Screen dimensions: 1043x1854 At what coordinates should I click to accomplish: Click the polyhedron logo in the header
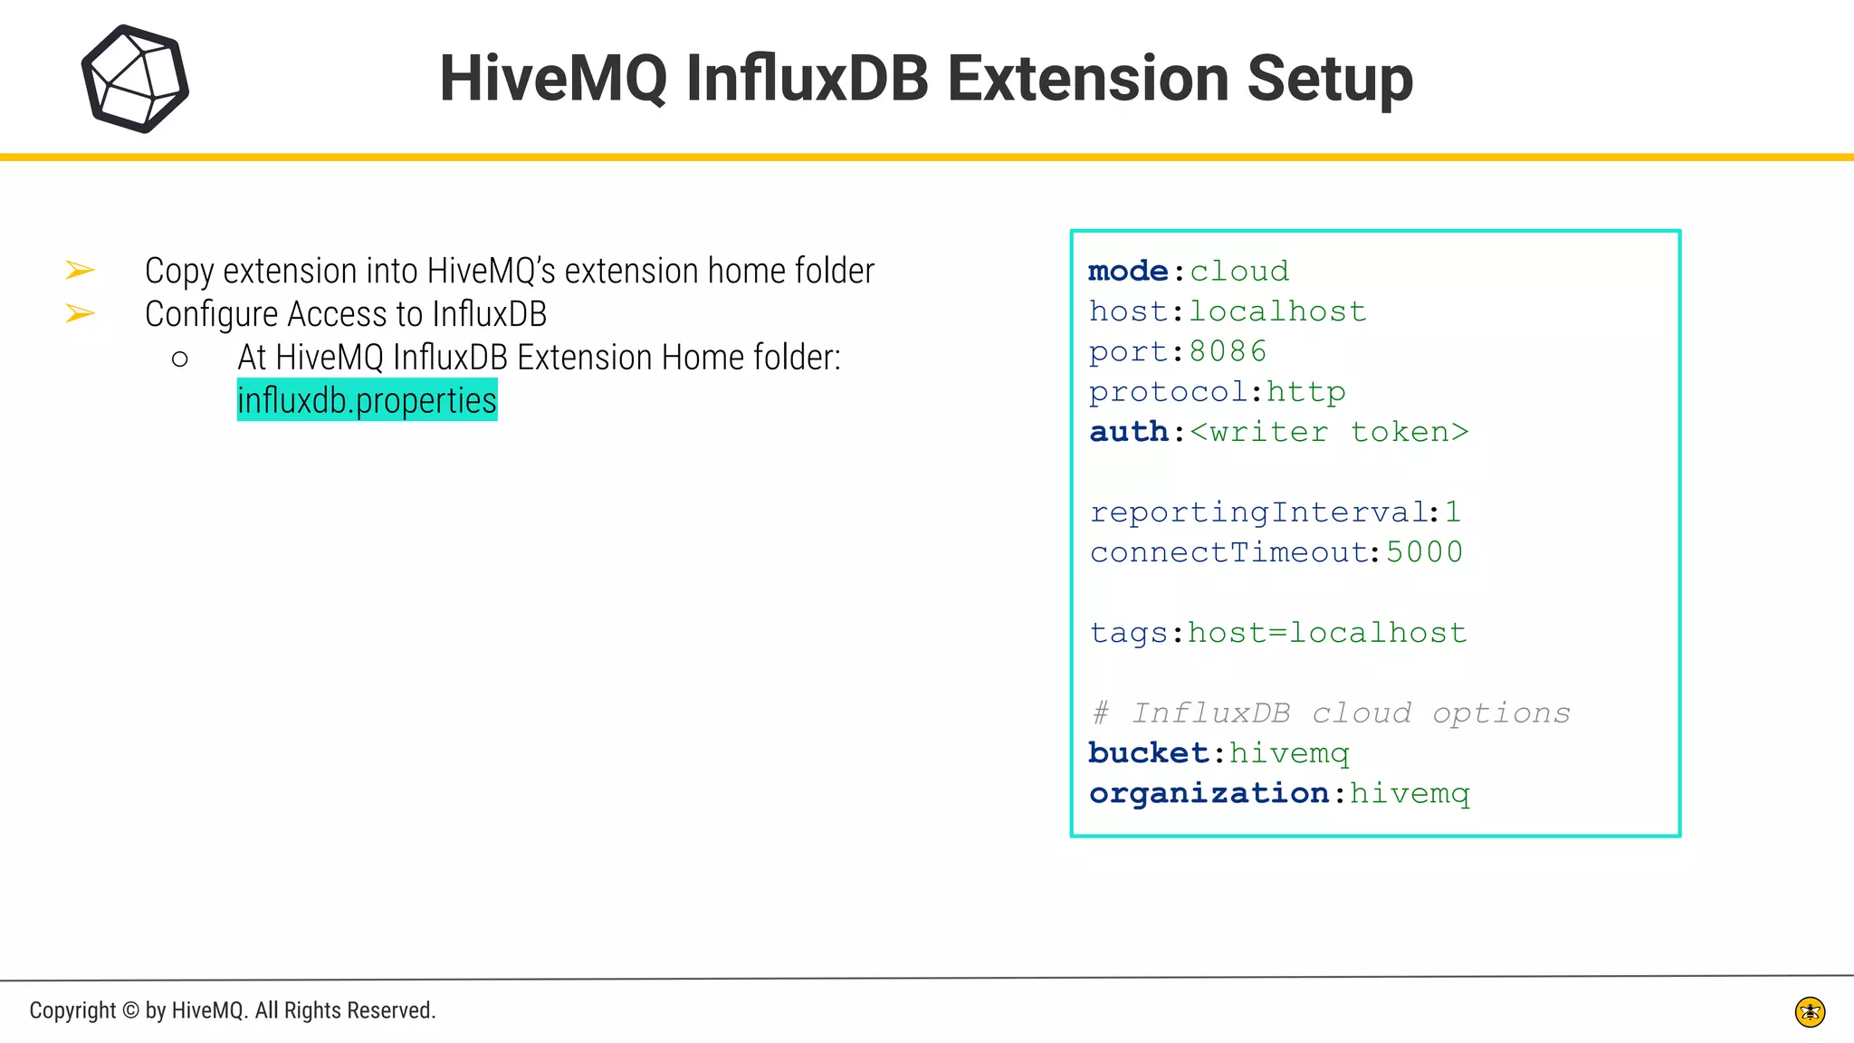point(135,79)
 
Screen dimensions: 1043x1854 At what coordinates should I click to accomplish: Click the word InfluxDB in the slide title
point(807,79)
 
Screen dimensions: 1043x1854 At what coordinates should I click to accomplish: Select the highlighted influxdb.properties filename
point(367,400)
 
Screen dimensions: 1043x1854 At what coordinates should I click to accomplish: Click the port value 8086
point(1228,351)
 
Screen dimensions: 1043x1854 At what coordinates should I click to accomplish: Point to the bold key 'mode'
point(1128,271)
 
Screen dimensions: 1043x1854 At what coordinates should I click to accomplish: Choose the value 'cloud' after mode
point(1239,271)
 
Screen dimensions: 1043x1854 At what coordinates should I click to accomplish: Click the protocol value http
point(1305,391)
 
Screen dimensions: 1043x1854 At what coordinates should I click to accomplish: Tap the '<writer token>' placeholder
point(1329,432)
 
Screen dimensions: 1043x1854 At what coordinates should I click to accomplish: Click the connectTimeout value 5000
point(1424,552)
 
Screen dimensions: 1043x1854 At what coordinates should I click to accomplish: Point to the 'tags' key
point(1128,633)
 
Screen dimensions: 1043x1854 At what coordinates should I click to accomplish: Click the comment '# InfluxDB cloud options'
point(1331,713)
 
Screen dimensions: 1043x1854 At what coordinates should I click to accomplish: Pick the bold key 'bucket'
point(1148,753)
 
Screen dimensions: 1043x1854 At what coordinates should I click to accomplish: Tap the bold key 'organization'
point(1209,793)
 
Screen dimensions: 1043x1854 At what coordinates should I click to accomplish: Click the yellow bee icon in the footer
point(1810,1011)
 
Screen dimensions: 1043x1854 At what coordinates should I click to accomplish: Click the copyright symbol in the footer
point(130,1010)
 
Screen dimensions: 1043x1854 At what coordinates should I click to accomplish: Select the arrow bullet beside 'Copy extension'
point(80,270)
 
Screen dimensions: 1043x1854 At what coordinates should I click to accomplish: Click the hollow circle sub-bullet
point(179,359)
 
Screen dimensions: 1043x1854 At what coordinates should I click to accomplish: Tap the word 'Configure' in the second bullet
point(211,314)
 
